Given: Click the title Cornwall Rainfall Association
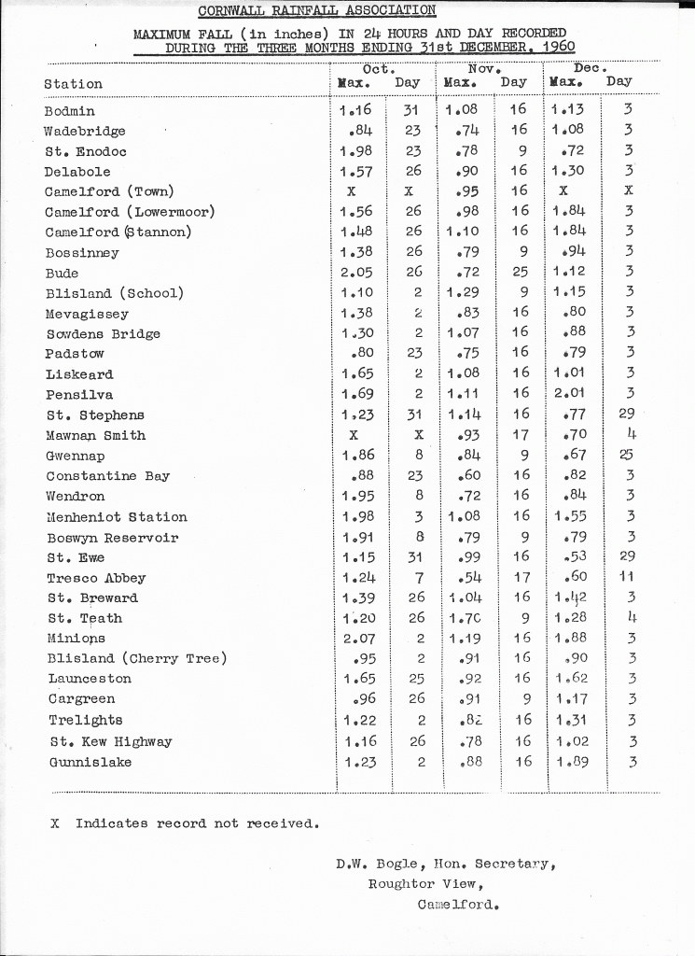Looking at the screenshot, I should [317, 10].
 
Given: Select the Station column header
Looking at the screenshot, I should [73, 84].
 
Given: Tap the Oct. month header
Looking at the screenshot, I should [378, 68].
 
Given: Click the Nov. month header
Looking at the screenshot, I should [485, 68].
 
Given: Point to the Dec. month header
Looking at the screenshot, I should [591, 68].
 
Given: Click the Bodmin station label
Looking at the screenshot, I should [69, 111].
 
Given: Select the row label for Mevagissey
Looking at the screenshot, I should [87, 315].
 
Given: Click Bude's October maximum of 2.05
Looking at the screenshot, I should [357, 273].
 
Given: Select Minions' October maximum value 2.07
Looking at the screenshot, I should [357, 640].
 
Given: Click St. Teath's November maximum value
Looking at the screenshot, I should [465, 618].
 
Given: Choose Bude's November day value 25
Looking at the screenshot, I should [520, 273].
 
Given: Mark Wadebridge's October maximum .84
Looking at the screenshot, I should [362, 131].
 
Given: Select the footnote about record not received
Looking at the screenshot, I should [186, 823].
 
